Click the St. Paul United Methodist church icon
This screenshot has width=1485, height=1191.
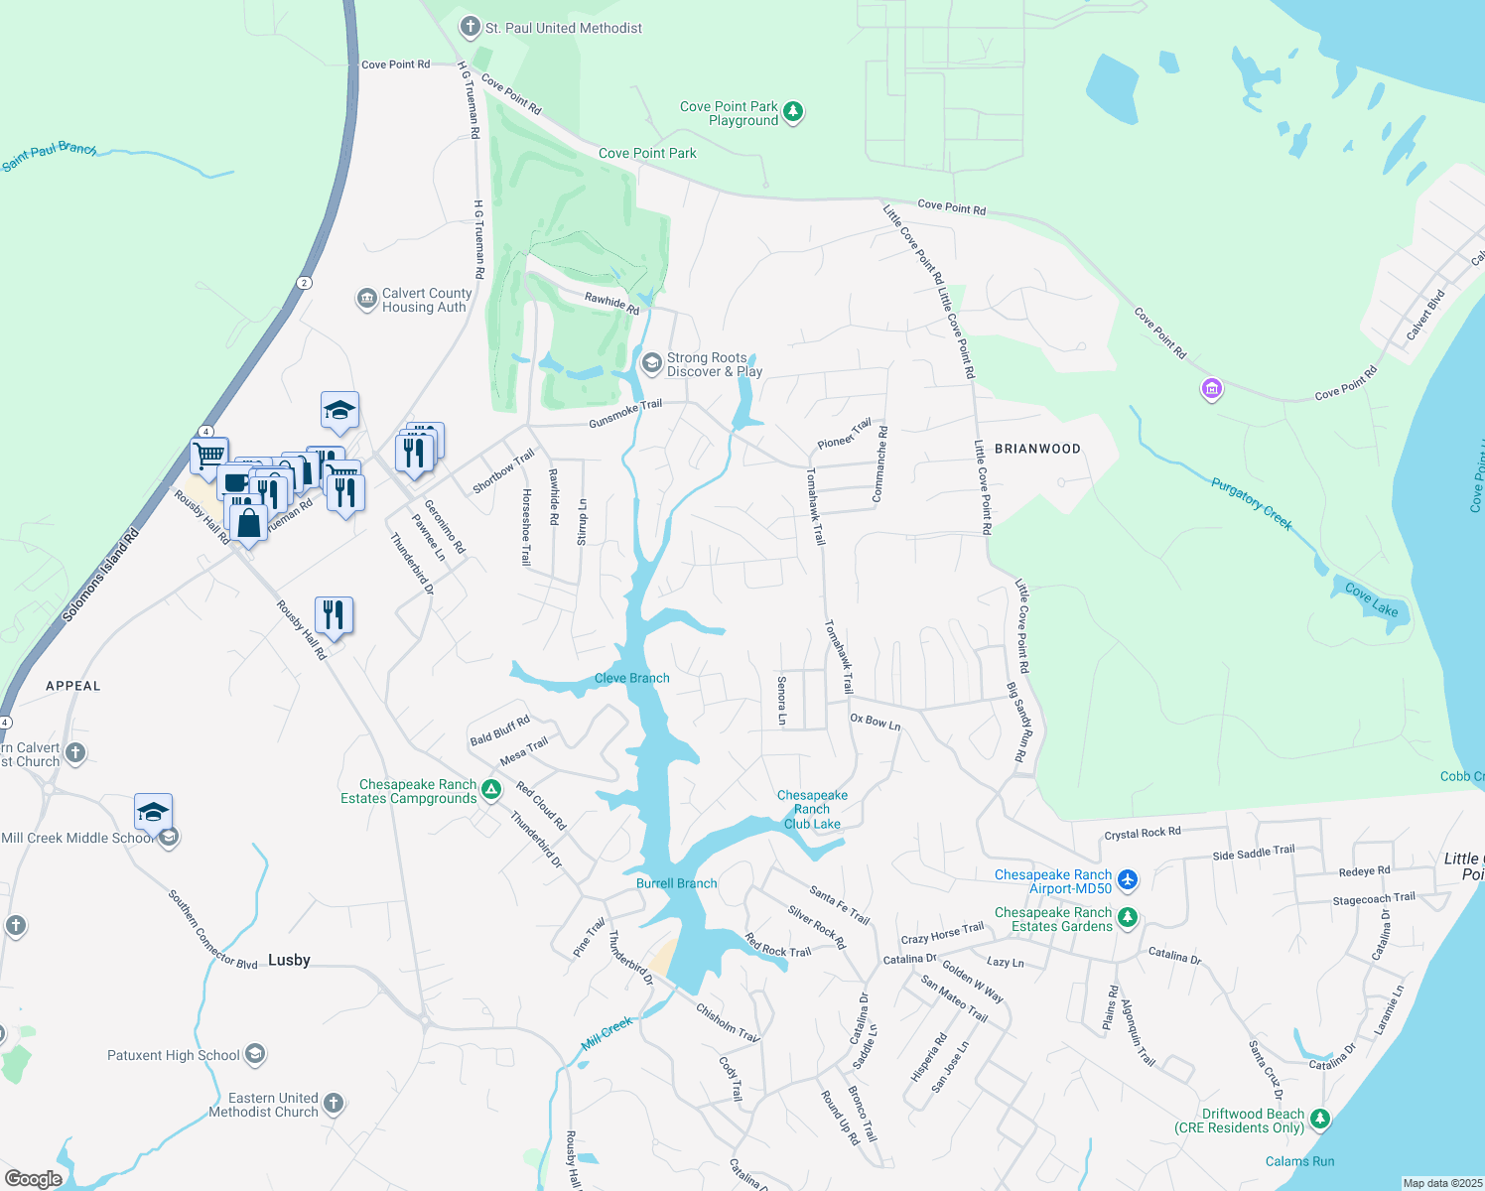pos(471,28)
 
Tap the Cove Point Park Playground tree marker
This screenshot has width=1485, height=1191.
pos(793,111)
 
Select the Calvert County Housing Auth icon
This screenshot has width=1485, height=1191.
pos(367,298)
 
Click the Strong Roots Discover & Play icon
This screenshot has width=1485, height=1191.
pos(651,363)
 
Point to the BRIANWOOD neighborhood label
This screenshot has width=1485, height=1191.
pos(1037,449)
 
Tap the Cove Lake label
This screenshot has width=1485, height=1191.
pos(1372,600)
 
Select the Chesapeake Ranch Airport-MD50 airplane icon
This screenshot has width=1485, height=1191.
pos(1127,880)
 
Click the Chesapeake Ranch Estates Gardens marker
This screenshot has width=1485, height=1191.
pos(1127,918)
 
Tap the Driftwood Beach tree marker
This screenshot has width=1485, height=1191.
pos(1319,1120)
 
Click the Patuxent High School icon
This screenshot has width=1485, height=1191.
pos(255,1054)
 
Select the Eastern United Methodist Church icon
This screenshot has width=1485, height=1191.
pos(334,1103)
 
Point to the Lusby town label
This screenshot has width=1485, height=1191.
pos(289,960)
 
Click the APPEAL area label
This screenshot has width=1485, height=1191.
pos(73,686)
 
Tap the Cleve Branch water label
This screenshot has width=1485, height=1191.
pos(632,678)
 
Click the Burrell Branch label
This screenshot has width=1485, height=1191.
pos(677,883)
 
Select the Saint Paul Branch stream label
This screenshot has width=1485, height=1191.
pos(50,155)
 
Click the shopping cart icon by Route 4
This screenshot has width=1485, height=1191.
pos(209,456)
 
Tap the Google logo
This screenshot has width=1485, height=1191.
pos(34,1179)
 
